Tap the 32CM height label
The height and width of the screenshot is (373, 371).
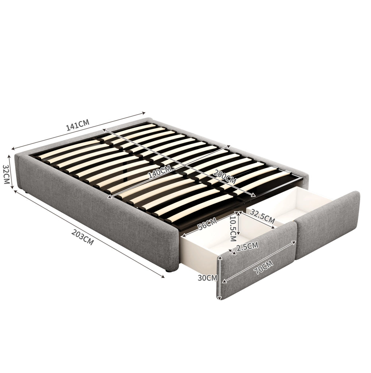[6, 174]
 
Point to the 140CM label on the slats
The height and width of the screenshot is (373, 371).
[160, 172]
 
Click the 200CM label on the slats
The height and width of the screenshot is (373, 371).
[224, 177]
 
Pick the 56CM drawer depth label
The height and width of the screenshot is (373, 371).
[207, 224]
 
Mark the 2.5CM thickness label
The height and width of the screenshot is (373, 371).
[247, 247]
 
